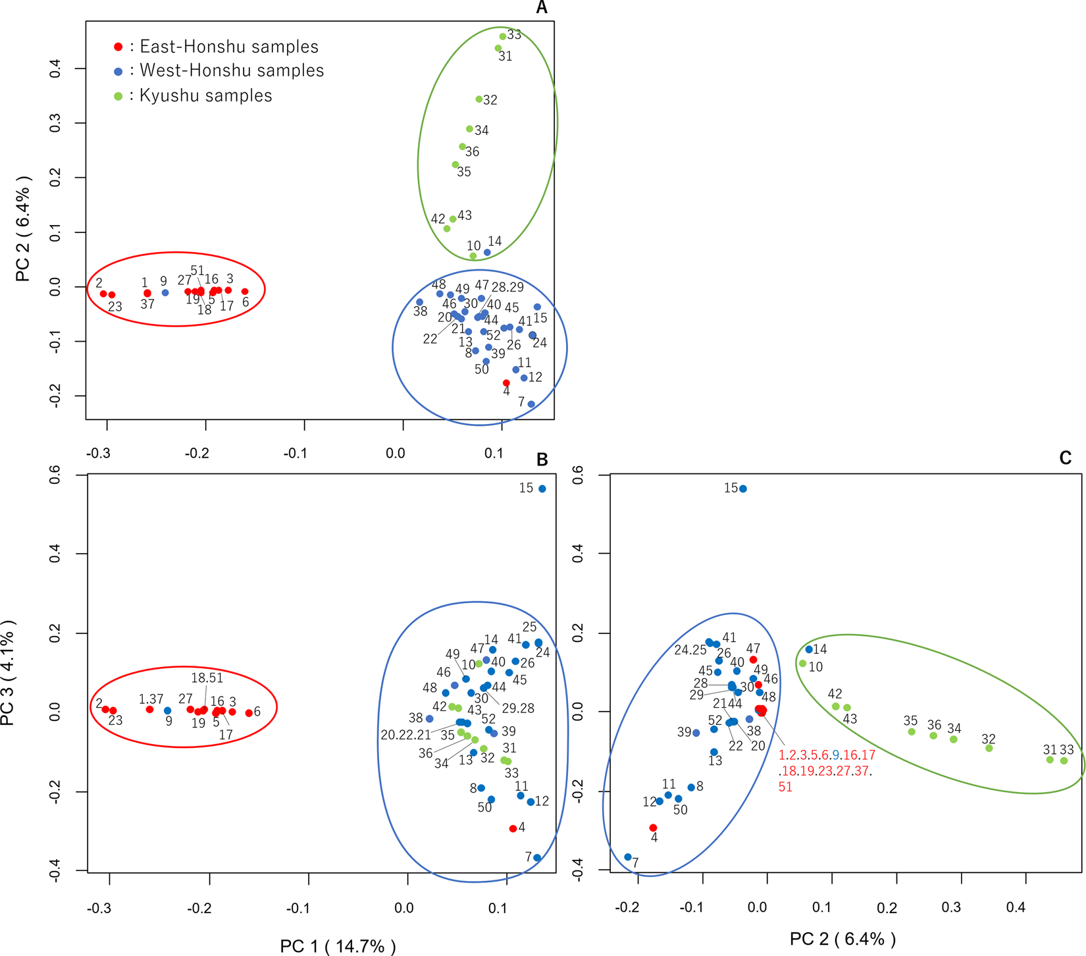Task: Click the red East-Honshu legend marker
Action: pyautogui.click(x=118, y=47)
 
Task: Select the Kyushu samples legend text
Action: pyautogui.click(x=206, y=95)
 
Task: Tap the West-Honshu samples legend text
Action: pyautogui.click(x=232, y=70)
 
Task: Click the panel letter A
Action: pyautogui.click(x=542, y=8)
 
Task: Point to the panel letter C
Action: pyautogui.click(x=1066, y=458)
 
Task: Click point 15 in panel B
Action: pyautogui.click(x=542, y=489)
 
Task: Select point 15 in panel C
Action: pyautogui.click(x=743, y=489)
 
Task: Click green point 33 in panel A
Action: pyautogui.click(x=503, y=37)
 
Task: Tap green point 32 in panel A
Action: pyautogui.click(x=479, y=99)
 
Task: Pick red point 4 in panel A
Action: pyautogui.click(x=506, y=383)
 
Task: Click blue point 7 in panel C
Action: pyautogui.click(x=628, y=857)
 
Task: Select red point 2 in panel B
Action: pyautogui.click(x=105, y=709)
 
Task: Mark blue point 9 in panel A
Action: pyautogui.click(x=165, y=292)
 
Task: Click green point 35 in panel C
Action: pyautogui.click(x=912, y=731)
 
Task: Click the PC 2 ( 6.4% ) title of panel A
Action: pyautogui.click(x=23, y=228)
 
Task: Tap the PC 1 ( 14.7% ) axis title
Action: pyautogui.click(x=338, y=947)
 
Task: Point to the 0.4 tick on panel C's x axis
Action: pyautogui.click(x=1016, y=907)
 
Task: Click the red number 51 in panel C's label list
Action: pyautogui.click(x=785, y=787)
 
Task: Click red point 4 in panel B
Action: pyautogui.click(x=513, y=828)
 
